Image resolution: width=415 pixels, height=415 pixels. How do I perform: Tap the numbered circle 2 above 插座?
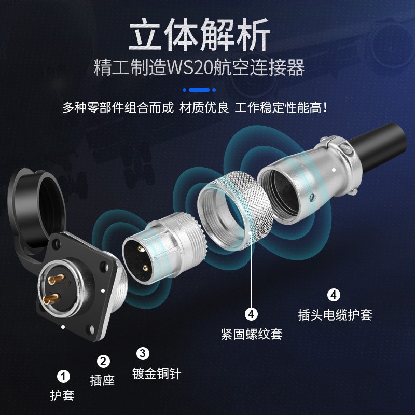(103, 361)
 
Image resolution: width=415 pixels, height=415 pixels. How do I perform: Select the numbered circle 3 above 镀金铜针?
(143, 353)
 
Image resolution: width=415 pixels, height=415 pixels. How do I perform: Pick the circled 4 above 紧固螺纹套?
(251, 314)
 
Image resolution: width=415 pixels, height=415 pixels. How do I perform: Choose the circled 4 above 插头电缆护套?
(334, 295)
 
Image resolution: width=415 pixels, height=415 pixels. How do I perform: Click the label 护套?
(62, 395)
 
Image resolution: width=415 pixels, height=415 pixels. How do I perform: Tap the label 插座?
(103, 380)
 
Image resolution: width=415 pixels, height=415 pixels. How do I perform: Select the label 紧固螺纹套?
(252, 333)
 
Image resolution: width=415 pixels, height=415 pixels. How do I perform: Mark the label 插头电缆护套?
(335, 314)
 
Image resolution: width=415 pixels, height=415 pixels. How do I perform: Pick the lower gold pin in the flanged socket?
(51, 300)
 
